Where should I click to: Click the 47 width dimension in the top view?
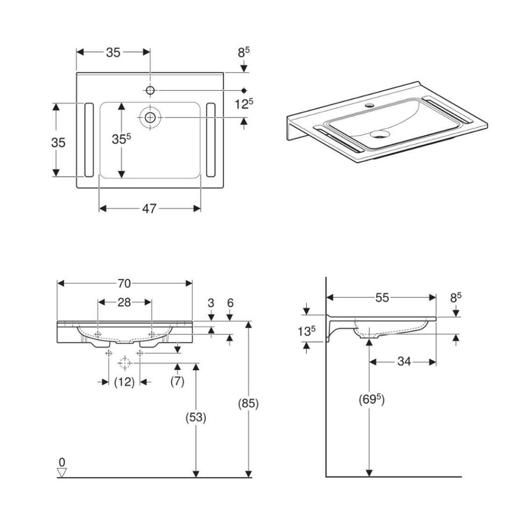click(x=149, y=209)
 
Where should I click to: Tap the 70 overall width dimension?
click(x=124, y=284)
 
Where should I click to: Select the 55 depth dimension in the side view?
click(x=382, y=297)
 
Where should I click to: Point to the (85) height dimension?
click(x=249, y=403)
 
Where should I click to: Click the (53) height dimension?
click(x=196, y=417)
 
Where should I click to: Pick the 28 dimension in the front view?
click(x=124, y=302)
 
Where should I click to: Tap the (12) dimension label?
click(x=124, y=382)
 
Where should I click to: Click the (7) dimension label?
click(x=178, y=381)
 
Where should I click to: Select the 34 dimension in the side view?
click(x=404, y=361)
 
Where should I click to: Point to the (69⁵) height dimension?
click(x=372, y=399)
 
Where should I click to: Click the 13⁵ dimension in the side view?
click(x=307, y=331)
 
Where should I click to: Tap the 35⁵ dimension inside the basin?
click(x=121, y=139)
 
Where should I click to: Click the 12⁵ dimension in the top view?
click(x=244, y=104)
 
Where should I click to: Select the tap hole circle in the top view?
click(x=150, y=91)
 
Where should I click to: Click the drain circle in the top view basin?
click(x=150, y=117)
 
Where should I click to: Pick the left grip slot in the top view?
click(x=89, y=140)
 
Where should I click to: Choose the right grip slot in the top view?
click(x=211, y=140)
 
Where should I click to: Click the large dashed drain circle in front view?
click(x=125, y=363)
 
